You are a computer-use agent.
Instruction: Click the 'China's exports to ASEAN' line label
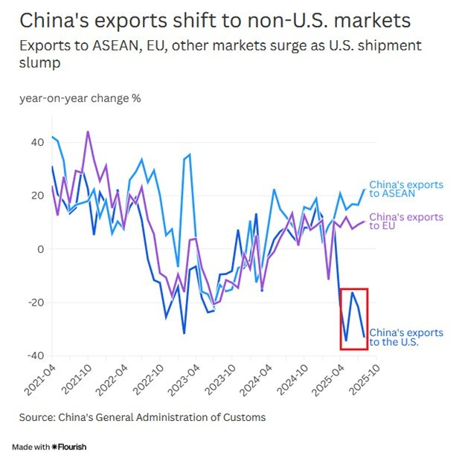[x=405, y=189]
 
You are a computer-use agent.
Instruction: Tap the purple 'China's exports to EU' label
[x=405, y=222]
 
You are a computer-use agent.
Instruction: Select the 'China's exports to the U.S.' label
[x=405, y=337]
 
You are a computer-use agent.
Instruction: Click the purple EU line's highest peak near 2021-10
[x=88, y=132]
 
